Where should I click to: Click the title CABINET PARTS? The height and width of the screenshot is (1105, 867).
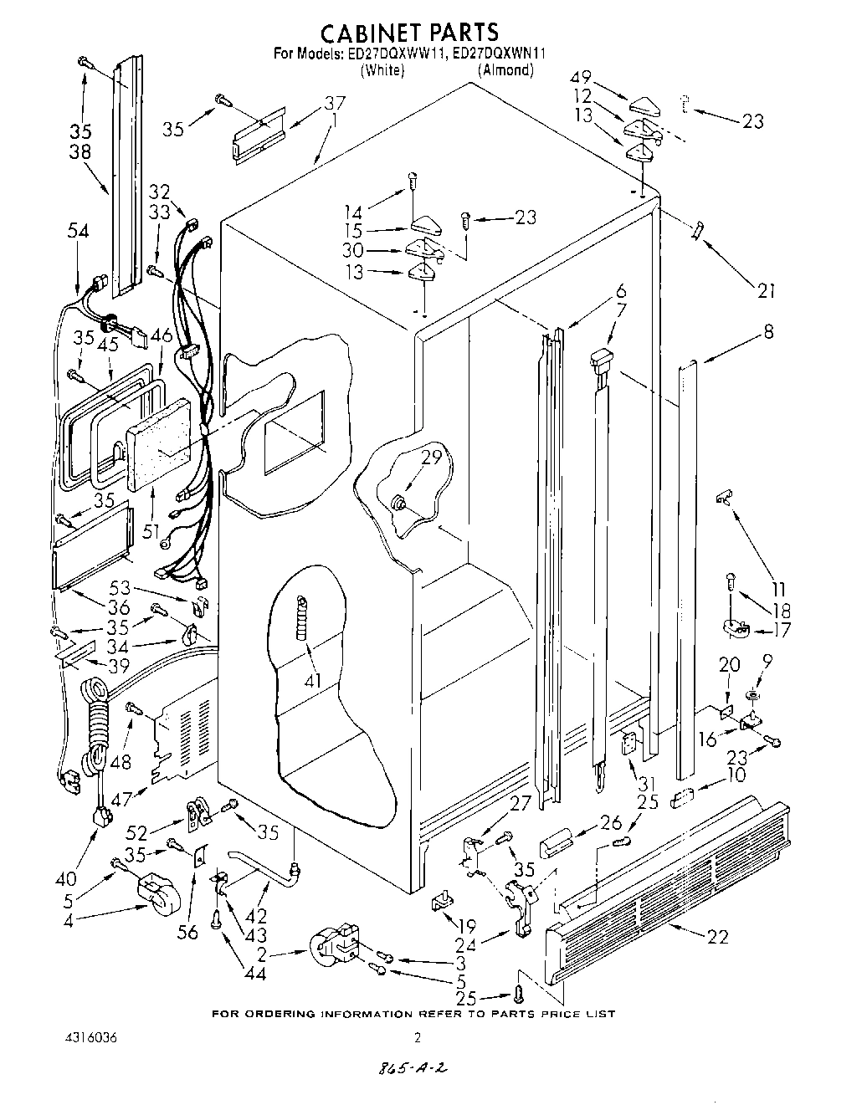[x=410, y=33]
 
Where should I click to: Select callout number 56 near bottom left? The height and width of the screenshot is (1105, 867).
[x=188, y=931]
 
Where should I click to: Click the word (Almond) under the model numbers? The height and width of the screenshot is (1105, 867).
[x=505, y=70]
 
